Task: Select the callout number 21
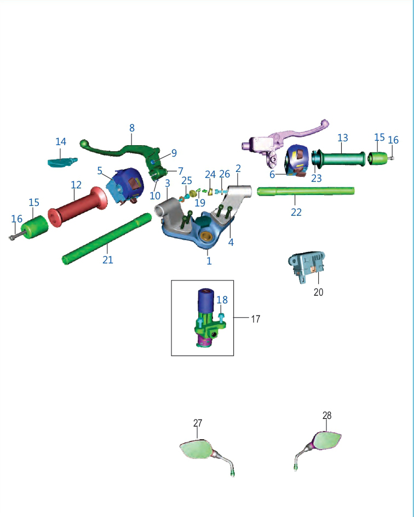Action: click(x=108, y=260)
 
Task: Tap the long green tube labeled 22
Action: click(x=306, y=191)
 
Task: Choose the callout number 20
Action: click(x=318, y=292)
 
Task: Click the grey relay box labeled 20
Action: click(x=307, y=266)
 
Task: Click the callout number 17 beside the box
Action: click(x=255, y=319)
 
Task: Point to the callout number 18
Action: click(x=222, y=300)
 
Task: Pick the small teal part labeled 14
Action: click(x=62, y=162)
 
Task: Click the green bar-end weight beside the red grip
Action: click(x=34, y=227)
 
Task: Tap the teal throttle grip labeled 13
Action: click(x=338, y=159)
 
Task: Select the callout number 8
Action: click(x=132, y=128)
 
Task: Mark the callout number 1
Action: click(x=209, y=261)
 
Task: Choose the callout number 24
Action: click(x=210, y=174)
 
